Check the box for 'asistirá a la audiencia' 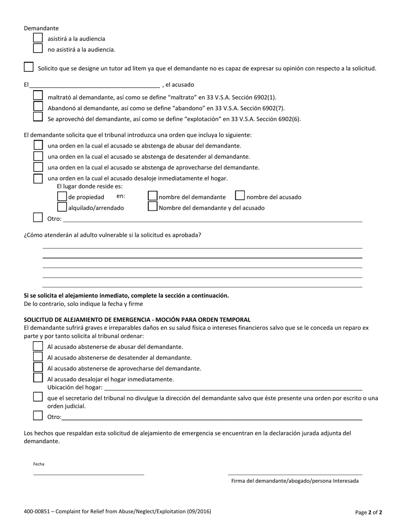point(38,38)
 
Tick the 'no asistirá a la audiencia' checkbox point(38,48)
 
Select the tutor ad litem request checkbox point(29,67)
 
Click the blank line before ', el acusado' point(94,85)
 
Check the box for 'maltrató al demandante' point(38,95)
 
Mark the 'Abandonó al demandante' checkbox point(38,106)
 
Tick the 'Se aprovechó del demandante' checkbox point(38,117)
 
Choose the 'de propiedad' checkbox point(62,196)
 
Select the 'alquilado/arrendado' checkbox point(62,207)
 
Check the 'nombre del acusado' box point(240,196)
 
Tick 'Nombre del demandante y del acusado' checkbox point(153,207)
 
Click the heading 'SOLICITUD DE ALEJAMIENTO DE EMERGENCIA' point(137,319)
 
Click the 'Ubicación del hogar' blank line point(233,387)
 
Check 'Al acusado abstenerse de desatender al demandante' point(38,357)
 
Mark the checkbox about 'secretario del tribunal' point(38,397)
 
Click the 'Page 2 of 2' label point(368,512)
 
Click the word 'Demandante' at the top point(41,28)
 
